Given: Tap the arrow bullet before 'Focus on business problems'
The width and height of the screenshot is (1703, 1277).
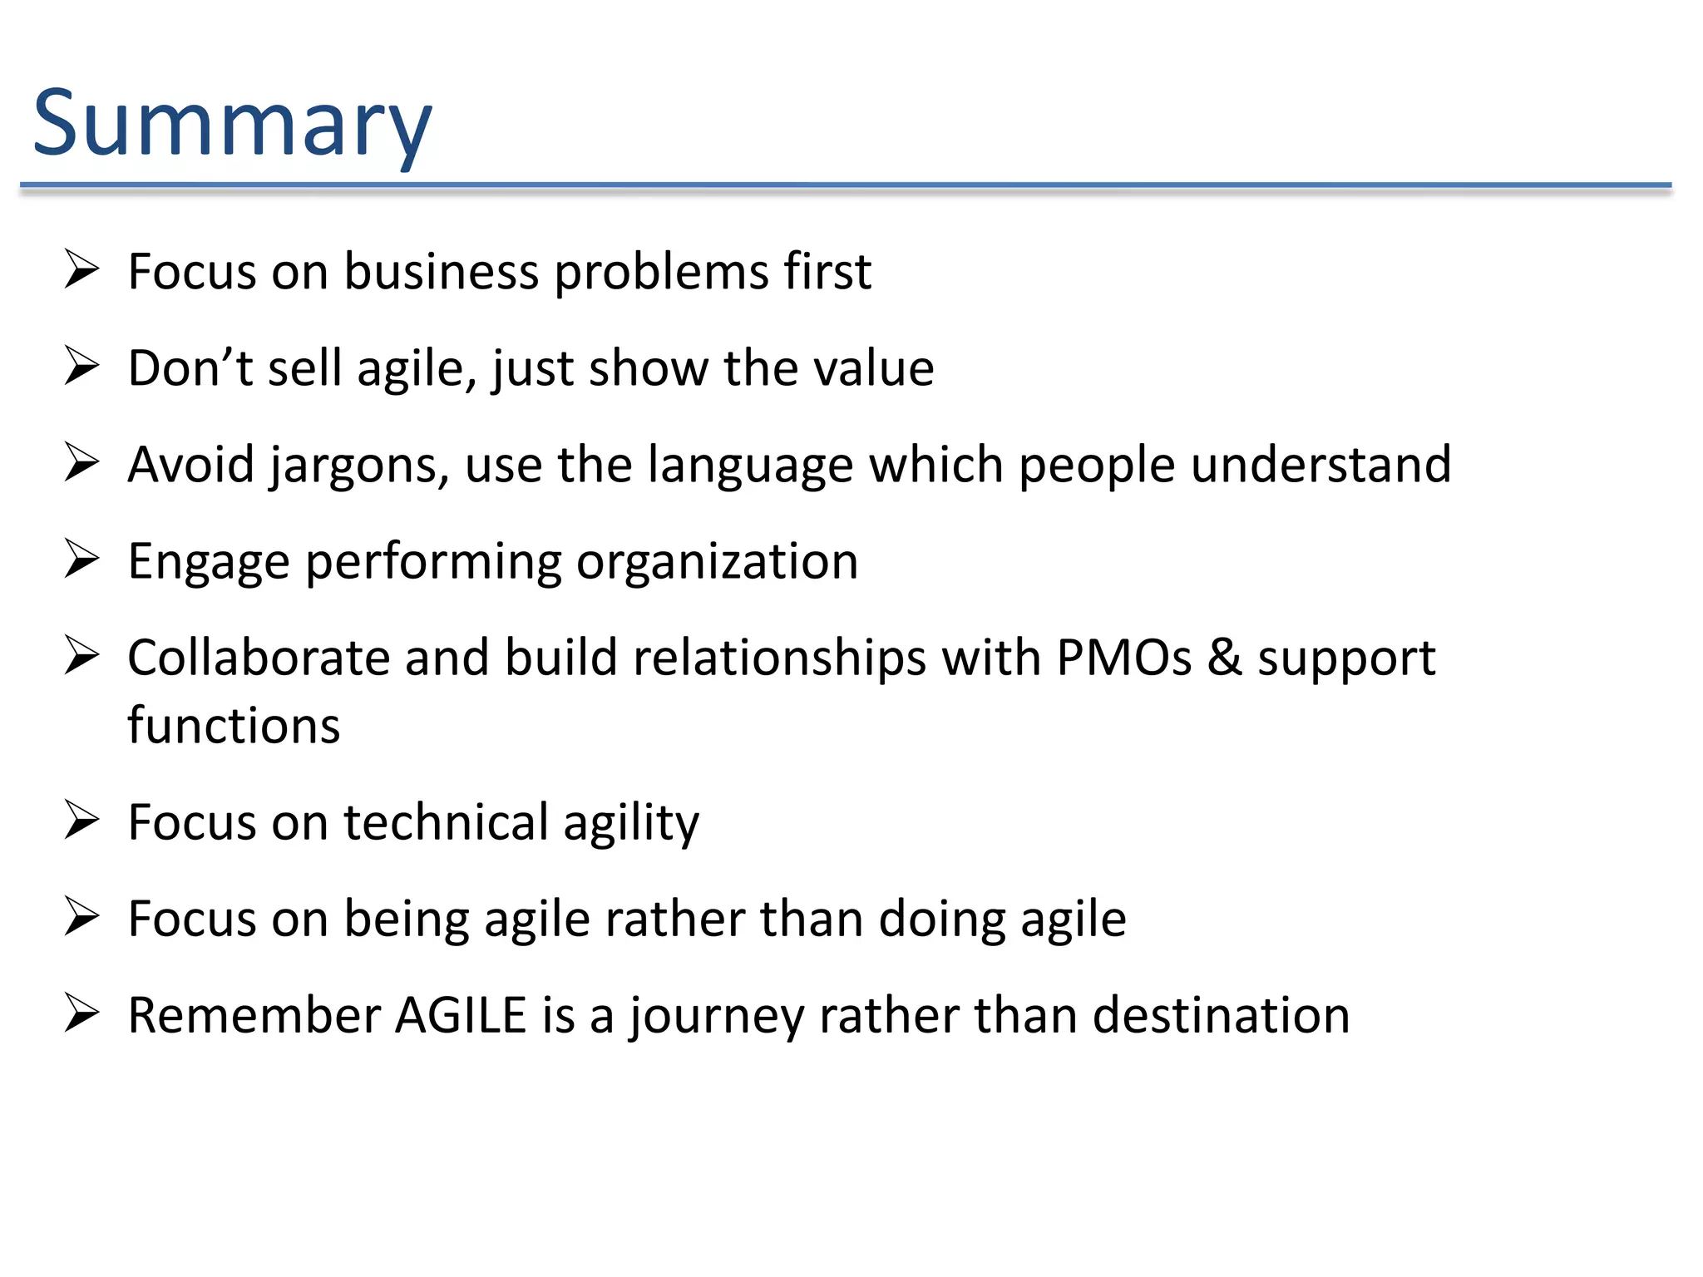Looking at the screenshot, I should click(x=81, y=270).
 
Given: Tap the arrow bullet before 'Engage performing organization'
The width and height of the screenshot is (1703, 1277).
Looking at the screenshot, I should click(x=81, y=560).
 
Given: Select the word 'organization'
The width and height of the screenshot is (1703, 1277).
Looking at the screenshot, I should click(x=717, y=562).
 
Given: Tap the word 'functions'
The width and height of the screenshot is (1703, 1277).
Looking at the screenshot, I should click(x=234, y=725).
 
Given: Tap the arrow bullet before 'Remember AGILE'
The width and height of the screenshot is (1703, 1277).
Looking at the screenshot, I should click(x=81, y=1014).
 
